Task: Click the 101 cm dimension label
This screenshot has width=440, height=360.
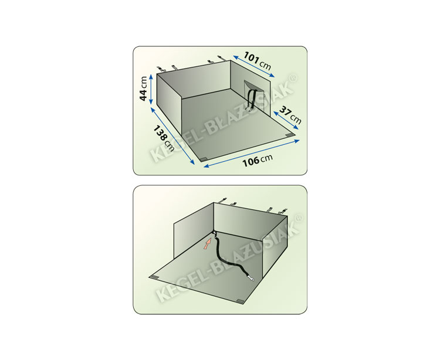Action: tap(257, 60)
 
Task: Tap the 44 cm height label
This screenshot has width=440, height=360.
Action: tap(143, 89)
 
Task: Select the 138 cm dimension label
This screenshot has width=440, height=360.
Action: tap(164, 138)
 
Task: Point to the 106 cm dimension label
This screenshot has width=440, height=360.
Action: tap(258, 160)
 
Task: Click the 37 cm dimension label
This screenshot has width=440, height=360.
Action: tap(291, 115)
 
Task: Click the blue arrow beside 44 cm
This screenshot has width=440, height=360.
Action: tap(151, 89)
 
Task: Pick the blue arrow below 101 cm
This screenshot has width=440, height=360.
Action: tap(253, 66)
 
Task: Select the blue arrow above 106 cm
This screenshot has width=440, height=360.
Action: tap(252, 154)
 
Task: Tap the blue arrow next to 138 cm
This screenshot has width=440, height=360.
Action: tap(172, 136)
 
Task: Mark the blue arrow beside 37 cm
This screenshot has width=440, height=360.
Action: tap(286, 120)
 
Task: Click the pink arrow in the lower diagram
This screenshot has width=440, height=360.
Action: tap(207, 243)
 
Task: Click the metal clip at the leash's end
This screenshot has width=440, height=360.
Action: tap(251, 279)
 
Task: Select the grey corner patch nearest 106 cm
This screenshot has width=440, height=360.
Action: tap(202, 159)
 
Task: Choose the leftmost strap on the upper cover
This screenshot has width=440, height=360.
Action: tap(160, 69)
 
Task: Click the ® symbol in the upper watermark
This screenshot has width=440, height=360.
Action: tap(293, 79)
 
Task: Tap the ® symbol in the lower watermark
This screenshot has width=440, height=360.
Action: tap(299, 218)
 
